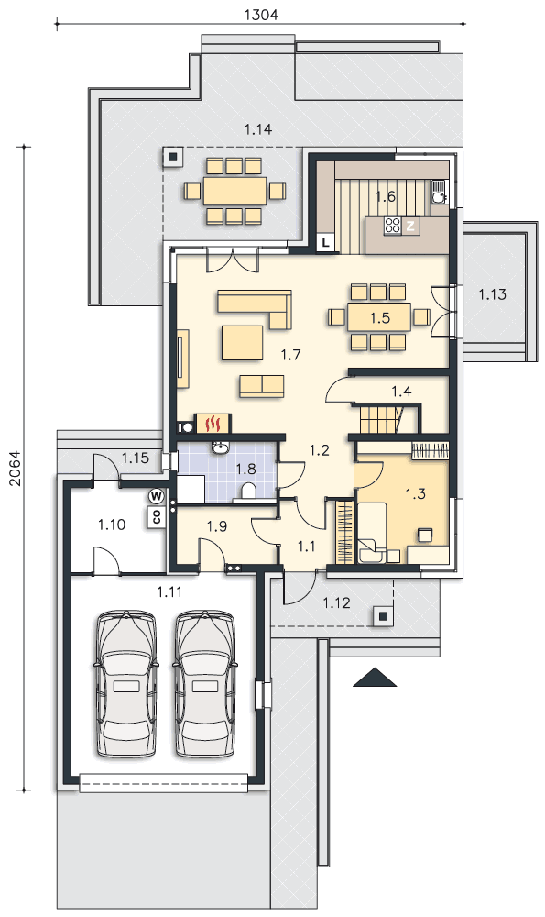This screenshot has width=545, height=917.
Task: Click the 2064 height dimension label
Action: [x=16, y=468]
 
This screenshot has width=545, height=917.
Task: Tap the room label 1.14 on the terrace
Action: [x=258, y=129]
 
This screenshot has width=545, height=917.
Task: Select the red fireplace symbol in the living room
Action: [x=216, y=422]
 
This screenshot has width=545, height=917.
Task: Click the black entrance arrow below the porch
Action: [x=375, y=678]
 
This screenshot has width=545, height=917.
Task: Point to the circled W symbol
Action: [x=156, y=496]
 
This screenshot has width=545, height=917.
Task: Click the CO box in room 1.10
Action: [x=157, y=515]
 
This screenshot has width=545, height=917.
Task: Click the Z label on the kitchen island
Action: [x=410, y=226]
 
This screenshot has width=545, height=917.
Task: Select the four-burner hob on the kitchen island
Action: [x=393, y=226]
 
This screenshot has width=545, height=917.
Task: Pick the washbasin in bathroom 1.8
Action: [x=220, y=448]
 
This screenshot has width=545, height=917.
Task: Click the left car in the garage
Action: [x=126, y=684]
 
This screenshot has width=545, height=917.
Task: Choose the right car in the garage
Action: [x=205, y=684]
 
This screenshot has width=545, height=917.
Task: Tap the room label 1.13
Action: [x=493, y=294]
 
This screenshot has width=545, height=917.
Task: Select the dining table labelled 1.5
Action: [x=380, y=317]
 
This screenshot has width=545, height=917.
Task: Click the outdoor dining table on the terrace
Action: [x=234, y=191]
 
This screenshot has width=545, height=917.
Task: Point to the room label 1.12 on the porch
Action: [x=336, y=602]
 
